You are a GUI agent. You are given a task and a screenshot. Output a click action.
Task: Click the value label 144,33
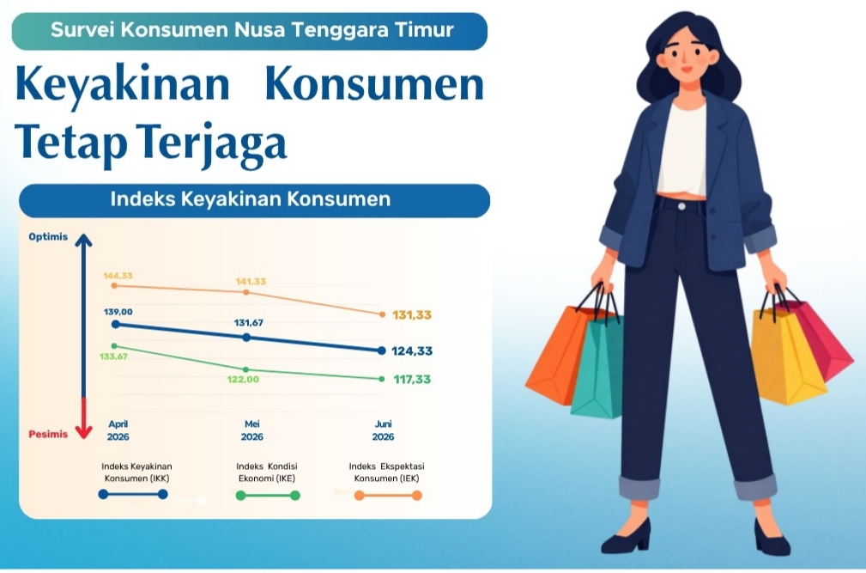(118, 275)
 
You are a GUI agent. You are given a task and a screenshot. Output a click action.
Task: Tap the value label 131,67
(249, 323)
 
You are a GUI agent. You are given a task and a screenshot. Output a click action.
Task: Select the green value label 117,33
(412, 379)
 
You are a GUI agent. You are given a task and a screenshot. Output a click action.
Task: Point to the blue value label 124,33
(412, 351)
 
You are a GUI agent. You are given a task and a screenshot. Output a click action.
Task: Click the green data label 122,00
(243, 379)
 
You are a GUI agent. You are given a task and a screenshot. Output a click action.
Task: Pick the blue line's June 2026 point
(382, 351)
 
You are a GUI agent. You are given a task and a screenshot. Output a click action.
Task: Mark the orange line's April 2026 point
(114, 286)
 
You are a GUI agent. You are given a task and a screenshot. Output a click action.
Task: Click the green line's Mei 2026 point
(245, 369)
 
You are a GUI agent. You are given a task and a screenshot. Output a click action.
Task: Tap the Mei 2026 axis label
(251, 430)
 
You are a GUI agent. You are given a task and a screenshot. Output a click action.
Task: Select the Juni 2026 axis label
(384, 430)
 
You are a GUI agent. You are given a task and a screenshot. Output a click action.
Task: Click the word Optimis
(48, 236)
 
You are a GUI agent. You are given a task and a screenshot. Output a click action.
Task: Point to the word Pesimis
(48, 434)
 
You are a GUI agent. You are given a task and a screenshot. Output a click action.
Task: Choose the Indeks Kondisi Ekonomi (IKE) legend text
(267, 472)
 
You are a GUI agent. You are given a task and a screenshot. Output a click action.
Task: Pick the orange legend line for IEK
(388, 495)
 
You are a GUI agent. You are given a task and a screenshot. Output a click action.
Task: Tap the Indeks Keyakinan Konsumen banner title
(251, 199)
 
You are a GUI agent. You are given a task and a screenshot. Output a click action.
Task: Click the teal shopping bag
(597, 365)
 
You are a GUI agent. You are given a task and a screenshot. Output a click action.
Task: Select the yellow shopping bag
(786, 357)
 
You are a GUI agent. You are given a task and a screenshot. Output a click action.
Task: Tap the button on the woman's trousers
(682, 207)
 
